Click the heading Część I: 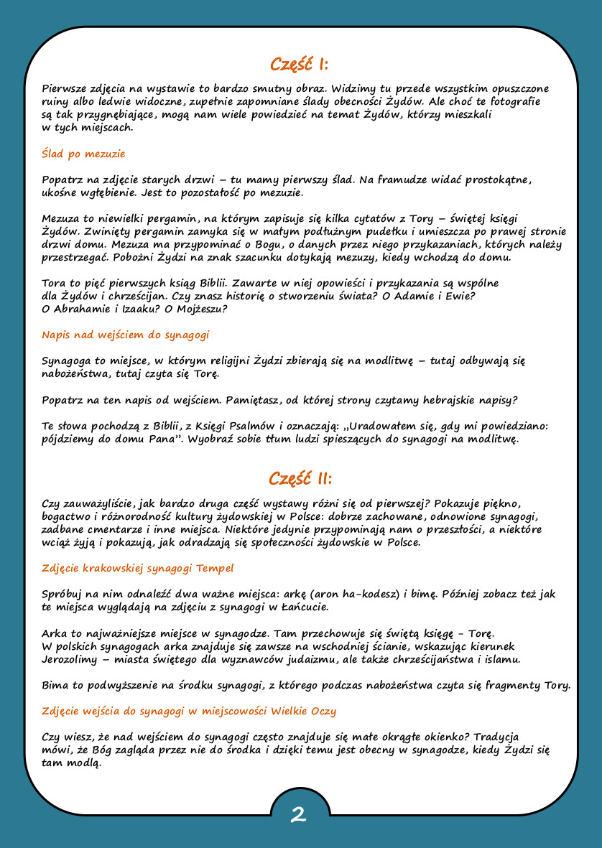point(300,65)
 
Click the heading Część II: point(300,479)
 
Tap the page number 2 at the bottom point(299,814)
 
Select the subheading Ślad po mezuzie point(84,154)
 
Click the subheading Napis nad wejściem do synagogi point(126,335)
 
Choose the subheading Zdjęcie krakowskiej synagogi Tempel point(138,568)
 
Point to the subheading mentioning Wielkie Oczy point(189,711)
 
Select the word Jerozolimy point(70,659)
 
